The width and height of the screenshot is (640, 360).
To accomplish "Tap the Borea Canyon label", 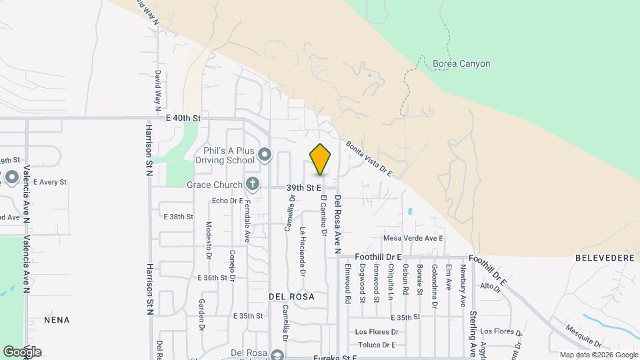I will [461, 64].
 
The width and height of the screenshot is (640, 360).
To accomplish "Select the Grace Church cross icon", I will [252, 183].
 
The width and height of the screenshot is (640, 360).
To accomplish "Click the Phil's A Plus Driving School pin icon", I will [265, 155].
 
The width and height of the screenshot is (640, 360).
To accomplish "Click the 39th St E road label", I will [305, 189].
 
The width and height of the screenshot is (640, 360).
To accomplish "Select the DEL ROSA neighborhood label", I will [291, 295].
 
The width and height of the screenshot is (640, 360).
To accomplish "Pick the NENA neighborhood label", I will [57, 320].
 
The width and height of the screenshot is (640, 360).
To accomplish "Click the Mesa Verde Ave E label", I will [413, 238].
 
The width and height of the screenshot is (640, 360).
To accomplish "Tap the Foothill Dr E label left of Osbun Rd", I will [378, 257].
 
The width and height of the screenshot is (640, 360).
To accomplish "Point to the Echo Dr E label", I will [227, 200].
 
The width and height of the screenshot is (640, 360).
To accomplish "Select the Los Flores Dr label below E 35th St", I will [377, 331].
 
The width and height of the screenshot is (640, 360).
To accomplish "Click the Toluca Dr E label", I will [377, 345].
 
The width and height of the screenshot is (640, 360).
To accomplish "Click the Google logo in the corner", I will [22, 352].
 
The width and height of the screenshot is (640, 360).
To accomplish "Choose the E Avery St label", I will [50, 181].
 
